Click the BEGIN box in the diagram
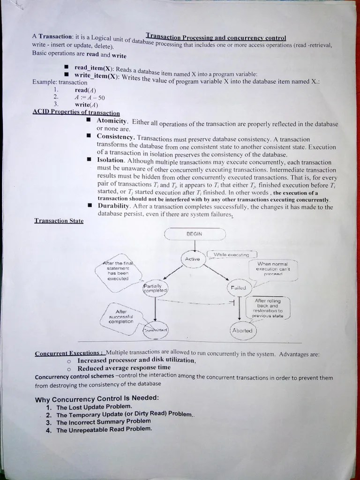tap(195, 233)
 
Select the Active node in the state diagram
tap(192, 259)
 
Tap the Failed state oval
tap(239, 287)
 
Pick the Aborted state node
tap(242, 330)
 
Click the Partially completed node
tap(155, 288)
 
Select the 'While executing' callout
tap(232, 255)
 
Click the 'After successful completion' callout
tap(121, 317)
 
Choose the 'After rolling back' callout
tap(268, 308)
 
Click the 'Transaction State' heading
tap(59, 221)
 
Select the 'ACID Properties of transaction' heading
tap(76, 112)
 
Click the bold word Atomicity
tap(112, 121)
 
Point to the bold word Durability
tap(113, 206)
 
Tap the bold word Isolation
tap(111, 160)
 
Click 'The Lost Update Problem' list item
tap(94, 407)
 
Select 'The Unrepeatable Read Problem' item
tap(104, 429)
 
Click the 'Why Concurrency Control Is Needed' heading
tap(97, 399)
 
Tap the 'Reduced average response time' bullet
tap(124, 367)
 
